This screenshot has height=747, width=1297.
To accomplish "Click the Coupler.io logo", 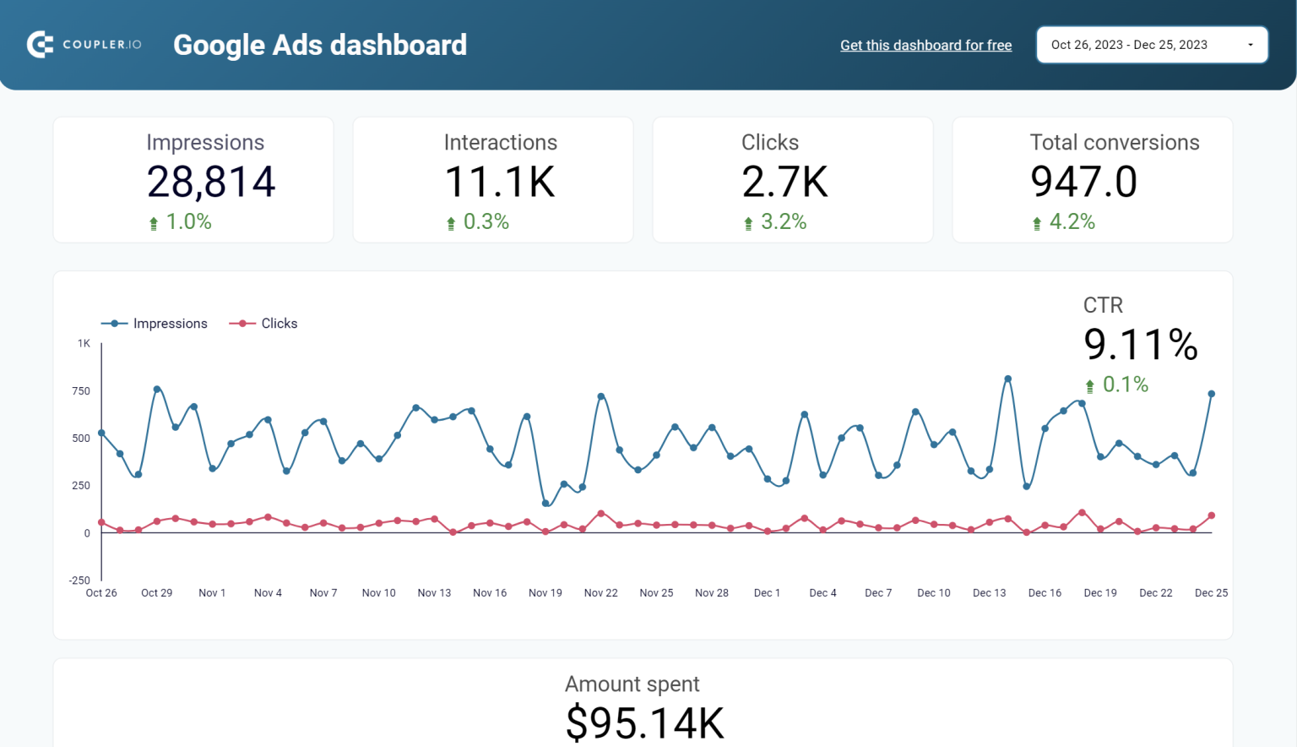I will tap(84, 45).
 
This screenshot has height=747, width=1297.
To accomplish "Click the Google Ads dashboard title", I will tap(320, 45).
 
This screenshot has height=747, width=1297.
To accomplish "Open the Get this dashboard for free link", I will tap(925, 46).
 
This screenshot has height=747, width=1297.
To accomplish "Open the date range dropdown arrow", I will tap(1251, 45).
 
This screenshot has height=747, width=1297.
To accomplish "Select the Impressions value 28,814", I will tap(211, 182).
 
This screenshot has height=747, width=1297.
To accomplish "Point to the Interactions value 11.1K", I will tap(500, 182).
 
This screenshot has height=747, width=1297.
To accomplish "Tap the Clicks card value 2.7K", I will tap(784, 182).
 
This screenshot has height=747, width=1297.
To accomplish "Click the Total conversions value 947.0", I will tap(1083, 182).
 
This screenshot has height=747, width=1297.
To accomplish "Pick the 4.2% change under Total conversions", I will tap(1072, 222).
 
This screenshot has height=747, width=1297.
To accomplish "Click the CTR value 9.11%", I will tap(1140, 345).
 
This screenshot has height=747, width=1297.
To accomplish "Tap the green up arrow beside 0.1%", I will tap(1090, 386).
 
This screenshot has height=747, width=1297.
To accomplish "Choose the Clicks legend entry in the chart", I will tap(263, 324).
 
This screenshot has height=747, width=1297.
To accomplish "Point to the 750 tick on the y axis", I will tap(81, 391).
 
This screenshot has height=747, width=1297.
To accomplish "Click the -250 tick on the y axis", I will tap(79, 581).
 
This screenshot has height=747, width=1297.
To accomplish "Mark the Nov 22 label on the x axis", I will tap(600, 593).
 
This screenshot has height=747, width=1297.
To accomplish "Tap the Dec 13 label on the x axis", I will tap(989, 593).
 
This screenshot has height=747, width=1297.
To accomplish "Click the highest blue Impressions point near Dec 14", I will tap(1007, 379).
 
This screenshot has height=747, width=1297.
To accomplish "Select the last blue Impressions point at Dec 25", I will tap(1212, 394).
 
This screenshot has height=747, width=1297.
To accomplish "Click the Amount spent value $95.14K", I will tap(644, 723).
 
